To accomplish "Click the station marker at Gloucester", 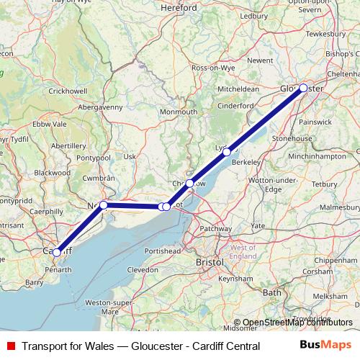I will point(303,88).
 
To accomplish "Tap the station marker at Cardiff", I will point(57,252).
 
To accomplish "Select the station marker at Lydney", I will point(227,152).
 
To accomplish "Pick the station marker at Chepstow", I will point(189,183).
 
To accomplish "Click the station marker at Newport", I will point(104,205).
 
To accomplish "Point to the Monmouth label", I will point(178,112).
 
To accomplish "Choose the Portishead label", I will point(162,250).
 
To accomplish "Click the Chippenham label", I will point(330,259).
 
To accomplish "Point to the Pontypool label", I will point(94,157).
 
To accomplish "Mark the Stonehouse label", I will point(291,138).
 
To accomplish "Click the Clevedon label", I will point(142,269).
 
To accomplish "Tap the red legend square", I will point(11,346).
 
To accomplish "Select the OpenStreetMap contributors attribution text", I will point(293,323).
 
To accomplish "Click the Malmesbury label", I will point(340,207).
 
